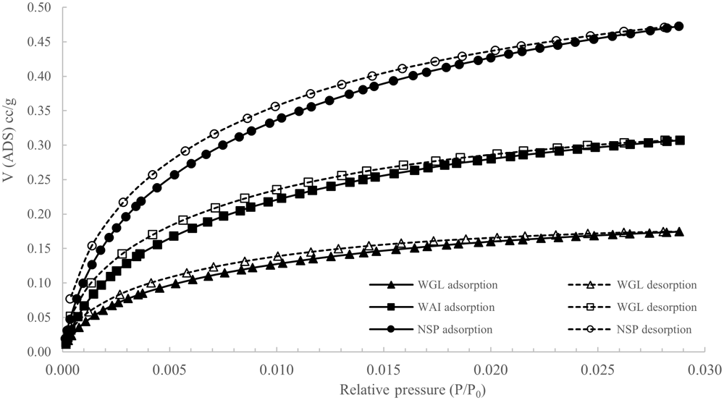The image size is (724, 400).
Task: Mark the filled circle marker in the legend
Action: coord(390,330)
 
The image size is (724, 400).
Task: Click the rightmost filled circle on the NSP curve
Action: coord(678,26)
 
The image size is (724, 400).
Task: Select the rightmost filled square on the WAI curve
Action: coord(680,140)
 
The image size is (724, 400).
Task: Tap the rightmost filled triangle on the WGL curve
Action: coord(679,231)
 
